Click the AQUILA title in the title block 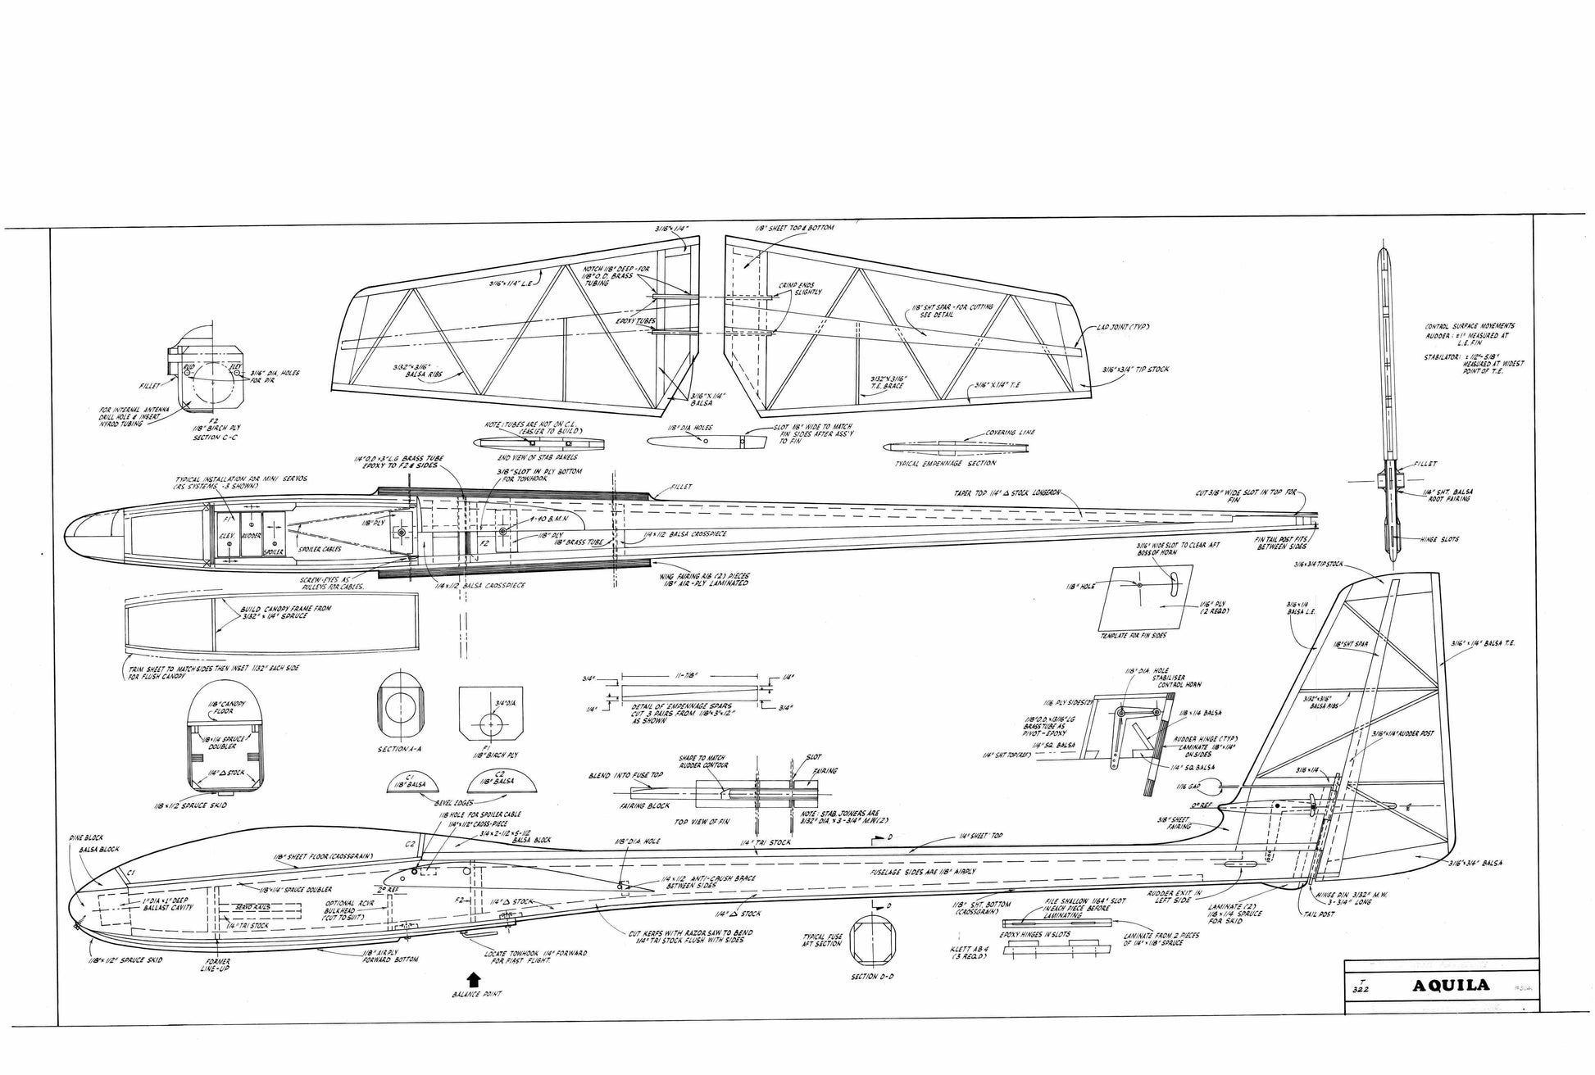click(1452, 986)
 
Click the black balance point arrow click(474, 977)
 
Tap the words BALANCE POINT click(475, 994)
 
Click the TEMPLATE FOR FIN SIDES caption click(1133, 636)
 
